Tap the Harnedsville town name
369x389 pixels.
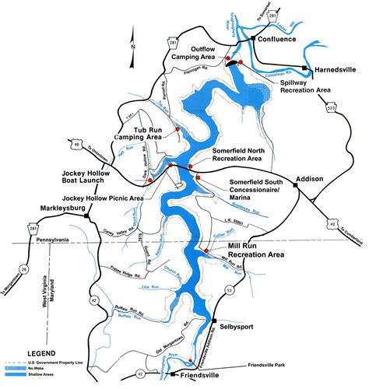[x=336, y=69]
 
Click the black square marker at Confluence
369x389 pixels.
[x=254, y=38]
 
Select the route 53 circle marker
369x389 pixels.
[x=230, y=290]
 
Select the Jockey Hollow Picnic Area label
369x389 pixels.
[x=104, y=198]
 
